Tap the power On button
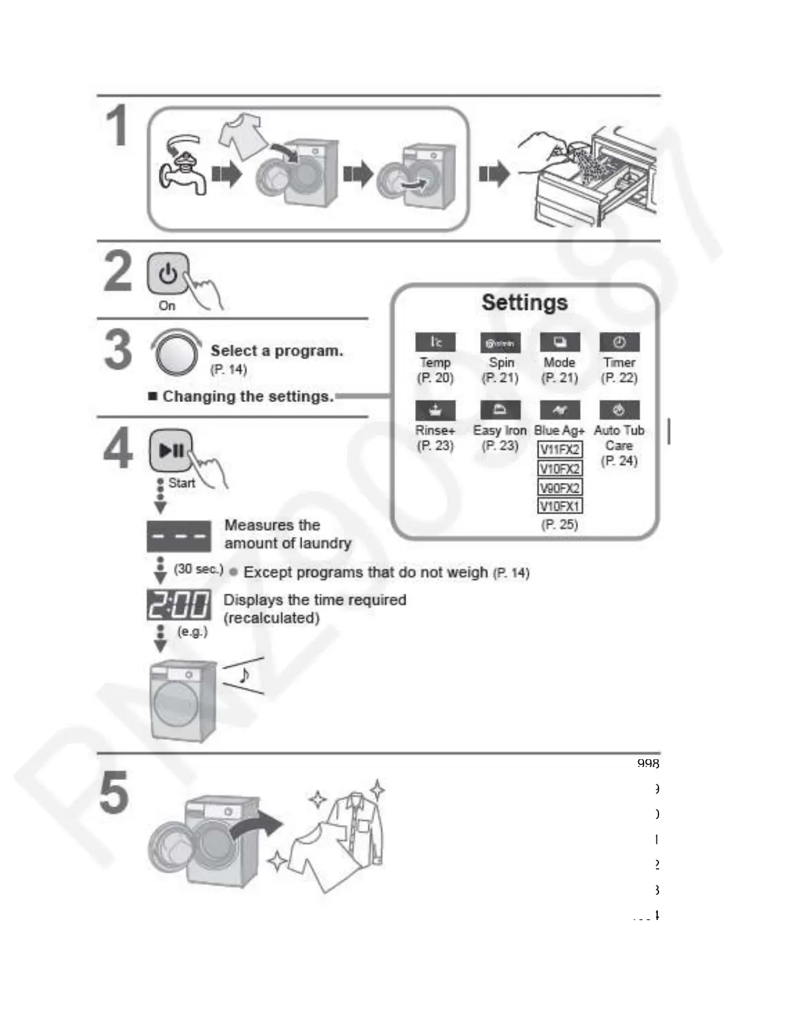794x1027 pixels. point(168,274)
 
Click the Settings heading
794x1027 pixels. point(524,303)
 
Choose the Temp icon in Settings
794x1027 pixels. point(435,342)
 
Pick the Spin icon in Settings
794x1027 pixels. point(500,342)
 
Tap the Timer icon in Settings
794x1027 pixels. point(620,342)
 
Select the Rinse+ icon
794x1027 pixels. point(435,410)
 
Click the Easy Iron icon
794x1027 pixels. point(500,410)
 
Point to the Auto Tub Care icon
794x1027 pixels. point(620,410)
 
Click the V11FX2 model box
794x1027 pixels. point(560,449)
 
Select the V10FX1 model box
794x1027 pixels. point(560,506)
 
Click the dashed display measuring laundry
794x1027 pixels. point(179,536)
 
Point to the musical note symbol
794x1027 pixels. point(244,675)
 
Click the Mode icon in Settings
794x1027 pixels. point(560,342)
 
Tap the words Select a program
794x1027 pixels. point(276,351)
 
